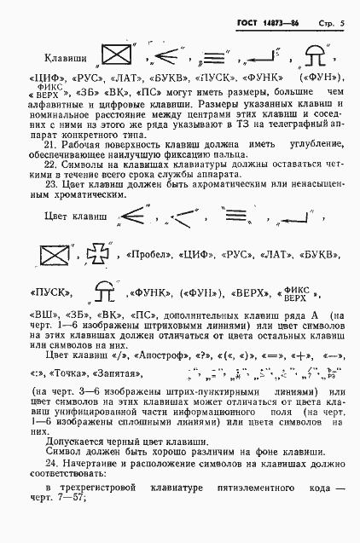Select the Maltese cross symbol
pos(90,253)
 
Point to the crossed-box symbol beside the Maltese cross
pos(54,253)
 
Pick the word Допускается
pos(75,441)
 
